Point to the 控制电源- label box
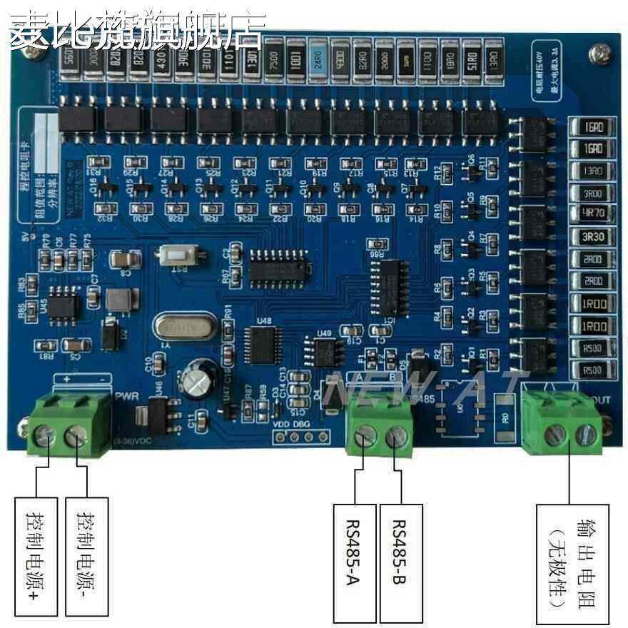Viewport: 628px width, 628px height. pyautogui.click(x=85, y=557)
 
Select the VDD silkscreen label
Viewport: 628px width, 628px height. pyautogui.click(x=282, y=422)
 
